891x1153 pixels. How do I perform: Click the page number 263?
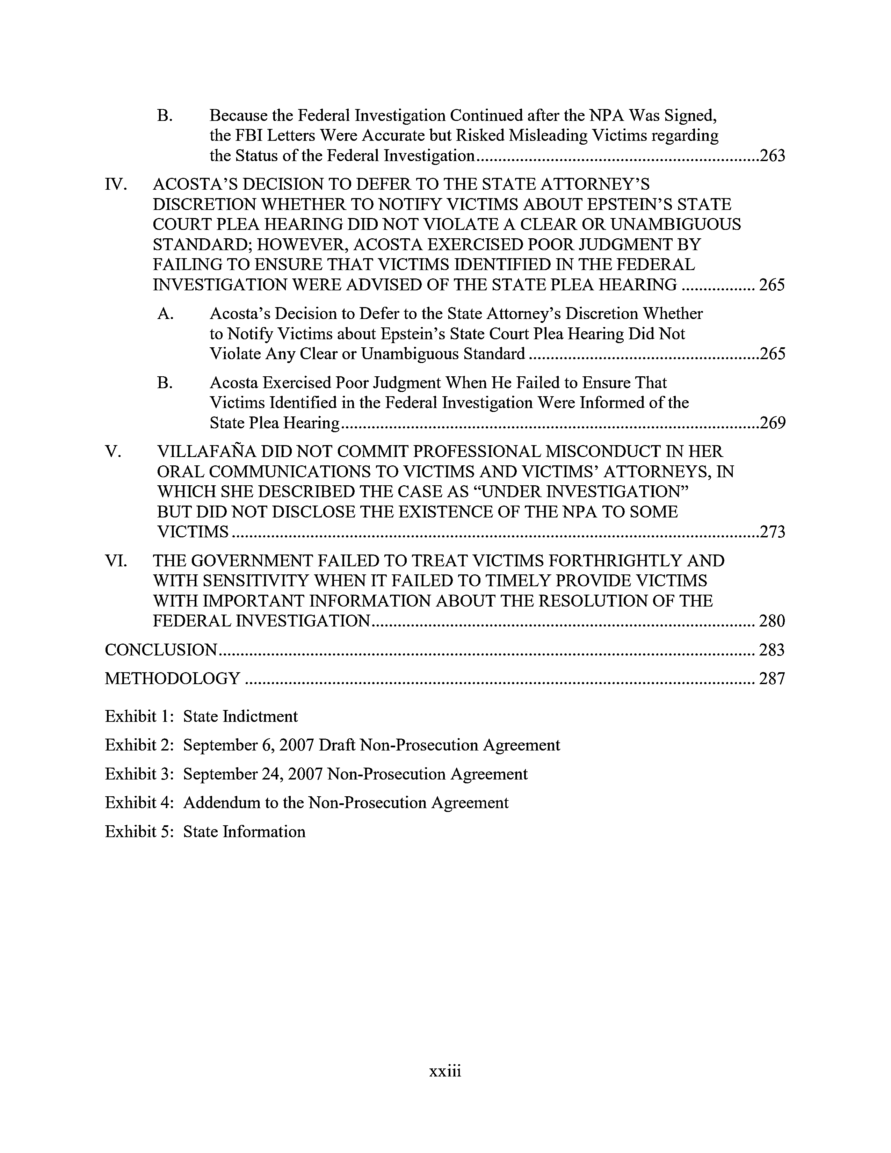point(772,156)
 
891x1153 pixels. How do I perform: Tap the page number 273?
point(772,532)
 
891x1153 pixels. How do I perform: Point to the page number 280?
point(772,621)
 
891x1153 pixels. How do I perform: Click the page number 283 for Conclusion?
point(772,650)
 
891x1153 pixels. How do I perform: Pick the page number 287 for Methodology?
point(772,679)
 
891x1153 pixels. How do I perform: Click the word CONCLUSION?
point(161,650)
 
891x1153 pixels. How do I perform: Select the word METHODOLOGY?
point(173,679)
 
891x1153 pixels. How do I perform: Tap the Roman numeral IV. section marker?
point(116,185)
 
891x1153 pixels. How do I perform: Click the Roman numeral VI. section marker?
point(116,561)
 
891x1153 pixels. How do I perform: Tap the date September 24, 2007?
point(253,775)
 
